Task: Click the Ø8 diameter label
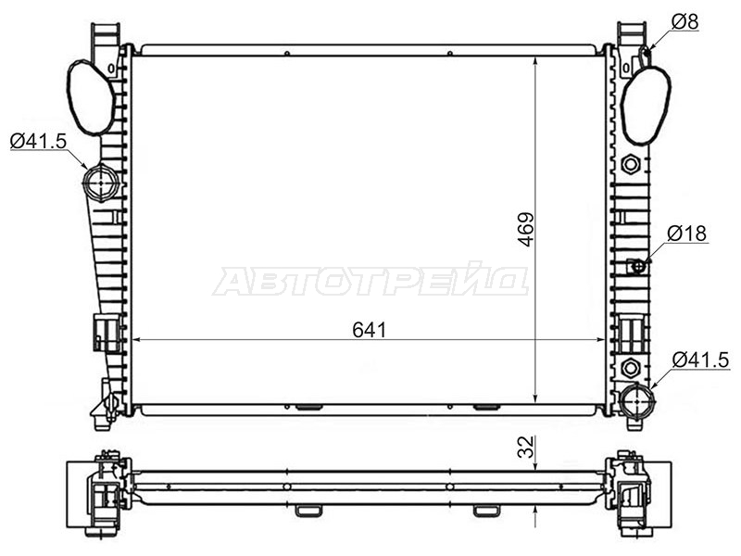684,21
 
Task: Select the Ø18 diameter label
687,234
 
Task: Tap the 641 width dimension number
369,330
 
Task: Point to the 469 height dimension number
525,229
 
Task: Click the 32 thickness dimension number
525,447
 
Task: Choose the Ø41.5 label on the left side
38,141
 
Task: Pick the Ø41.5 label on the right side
701,360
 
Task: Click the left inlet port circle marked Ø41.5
101,182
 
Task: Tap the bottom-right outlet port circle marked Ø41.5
637,401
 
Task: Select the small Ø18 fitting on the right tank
638,267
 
